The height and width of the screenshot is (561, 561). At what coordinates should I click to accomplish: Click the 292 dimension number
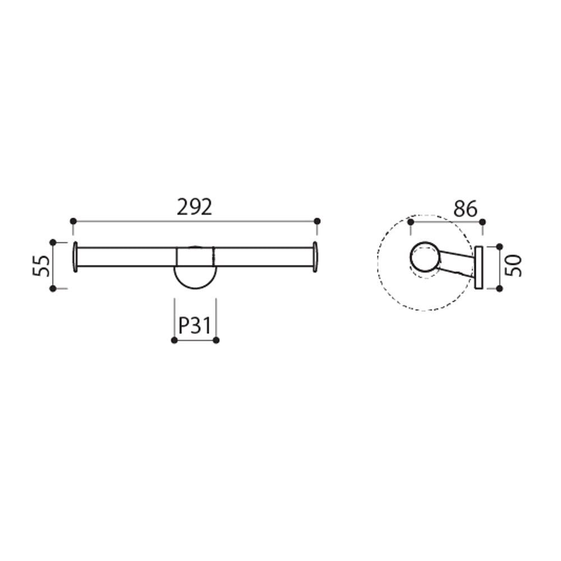(195, 207)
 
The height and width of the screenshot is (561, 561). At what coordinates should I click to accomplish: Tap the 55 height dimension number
(42, 265)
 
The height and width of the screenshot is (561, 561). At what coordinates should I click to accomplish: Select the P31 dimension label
(195, 325)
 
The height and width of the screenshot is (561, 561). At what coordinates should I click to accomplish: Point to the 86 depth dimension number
(466, 209)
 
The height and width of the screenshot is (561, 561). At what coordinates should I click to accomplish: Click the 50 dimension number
(513, 266)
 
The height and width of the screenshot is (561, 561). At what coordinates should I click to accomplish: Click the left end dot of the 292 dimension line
(73, 221)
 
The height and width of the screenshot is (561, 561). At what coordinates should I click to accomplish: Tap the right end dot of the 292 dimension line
(317, 221)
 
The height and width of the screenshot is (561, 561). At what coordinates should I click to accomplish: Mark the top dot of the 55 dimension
(53, 242)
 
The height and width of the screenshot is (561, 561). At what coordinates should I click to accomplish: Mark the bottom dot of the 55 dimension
(53, 288)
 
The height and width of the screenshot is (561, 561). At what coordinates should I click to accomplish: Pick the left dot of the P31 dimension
(174, 341)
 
